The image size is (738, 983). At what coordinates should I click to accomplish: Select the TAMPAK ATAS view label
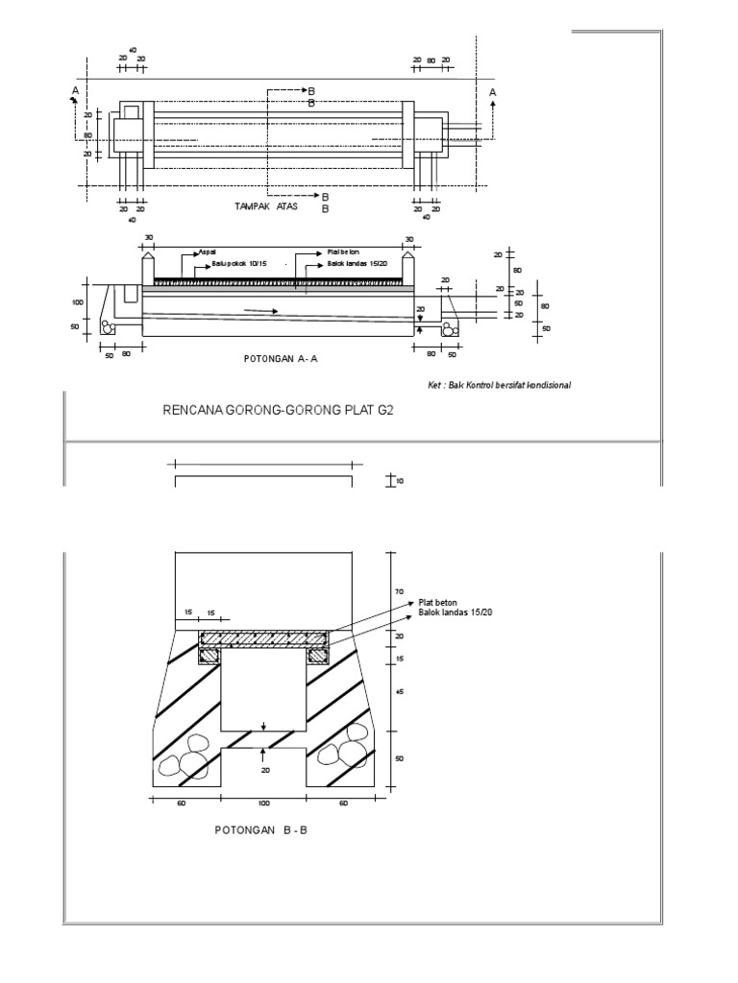pyautogui.click(x=266, y=206)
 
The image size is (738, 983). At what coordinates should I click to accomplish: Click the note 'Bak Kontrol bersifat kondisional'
pyautogui.click(x=500, y=385)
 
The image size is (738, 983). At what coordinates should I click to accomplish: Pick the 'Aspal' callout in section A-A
pyautogui.click(x=207, y=252)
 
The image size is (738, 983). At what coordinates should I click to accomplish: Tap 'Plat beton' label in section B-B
pyautogui.click(x=435, y=603)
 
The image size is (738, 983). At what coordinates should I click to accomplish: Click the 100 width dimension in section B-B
pyautogui.click(x=263, y=803)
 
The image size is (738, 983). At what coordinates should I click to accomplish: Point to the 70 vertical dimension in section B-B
pyautogui.click(x=399, y=593)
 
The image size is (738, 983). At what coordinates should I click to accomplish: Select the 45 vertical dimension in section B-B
pyautogui.click(x=399, y=690)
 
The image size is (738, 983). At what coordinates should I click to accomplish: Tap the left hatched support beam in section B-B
pyautogui.click(x=209, y=656)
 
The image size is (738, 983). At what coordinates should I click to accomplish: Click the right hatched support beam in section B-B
pyautogui.click(x=319, y=656)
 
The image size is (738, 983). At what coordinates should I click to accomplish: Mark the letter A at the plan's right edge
pyautogui.click(x=493, y=92)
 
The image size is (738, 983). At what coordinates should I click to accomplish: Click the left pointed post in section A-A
pyautogui.click(x=149, y=268)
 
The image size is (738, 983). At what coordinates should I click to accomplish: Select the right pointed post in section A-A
pyautogui.click(x=408, y=268)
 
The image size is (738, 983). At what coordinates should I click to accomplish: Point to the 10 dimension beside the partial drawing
pyautogui.click(x=399, y=480)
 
